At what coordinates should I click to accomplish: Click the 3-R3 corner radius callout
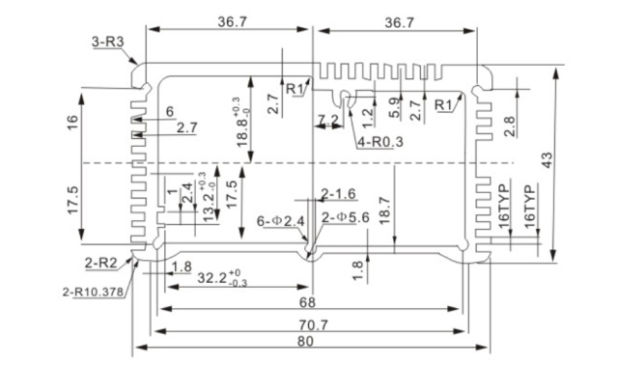[x=109, y=42]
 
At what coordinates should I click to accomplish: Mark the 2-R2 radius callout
[x=100, y=263]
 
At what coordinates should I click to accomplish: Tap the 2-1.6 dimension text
[x=338, y=194]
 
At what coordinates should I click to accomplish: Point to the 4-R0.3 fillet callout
[x=379, y=142]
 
